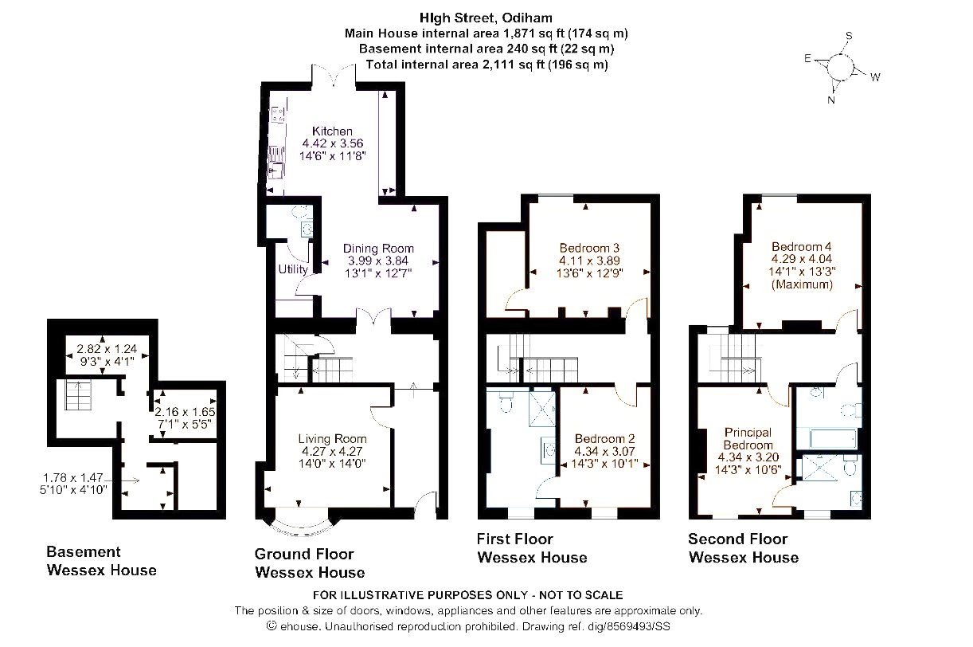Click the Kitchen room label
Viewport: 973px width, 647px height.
tap(332, 131)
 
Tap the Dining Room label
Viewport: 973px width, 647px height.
tap(378, 249)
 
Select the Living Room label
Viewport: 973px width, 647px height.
tap(332, 439)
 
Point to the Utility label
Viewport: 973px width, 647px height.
tap(293, 269)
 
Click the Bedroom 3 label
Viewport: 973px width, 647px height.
tap(589, 248)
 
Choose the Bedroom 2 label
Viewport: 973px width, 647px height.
tap(604, 439)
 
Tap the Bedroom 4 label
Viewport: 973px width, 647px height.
tap(802, 246)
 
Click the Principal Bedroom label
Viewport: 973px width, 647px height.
tap(748, 439)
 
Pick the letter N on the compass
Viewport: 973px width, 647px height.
tap(831, 100)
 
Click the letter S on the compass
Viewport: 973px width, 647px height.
tap(849, 36)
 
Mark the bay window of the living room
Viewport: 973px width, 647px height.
tap(303, 527)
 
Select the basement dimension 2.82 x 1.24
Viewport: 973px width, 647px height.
tap(107, 349)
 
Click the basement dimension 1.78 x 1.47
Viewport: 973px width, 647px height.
tap(73, 478)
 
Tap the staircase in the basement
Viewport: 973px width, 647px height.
tap(78, 394)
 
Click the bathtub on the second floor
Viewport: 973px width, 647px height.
tap(833, 438)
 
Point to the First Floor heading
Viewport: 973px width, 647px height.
tap(514, 539)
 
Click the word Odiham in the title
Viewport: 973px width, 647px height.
tap(527, 18)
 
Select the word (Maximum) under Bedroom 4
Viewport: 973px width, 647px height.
tap(802, 284)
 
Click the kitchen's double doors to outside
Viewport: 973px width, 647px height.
tap(334, 75)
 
